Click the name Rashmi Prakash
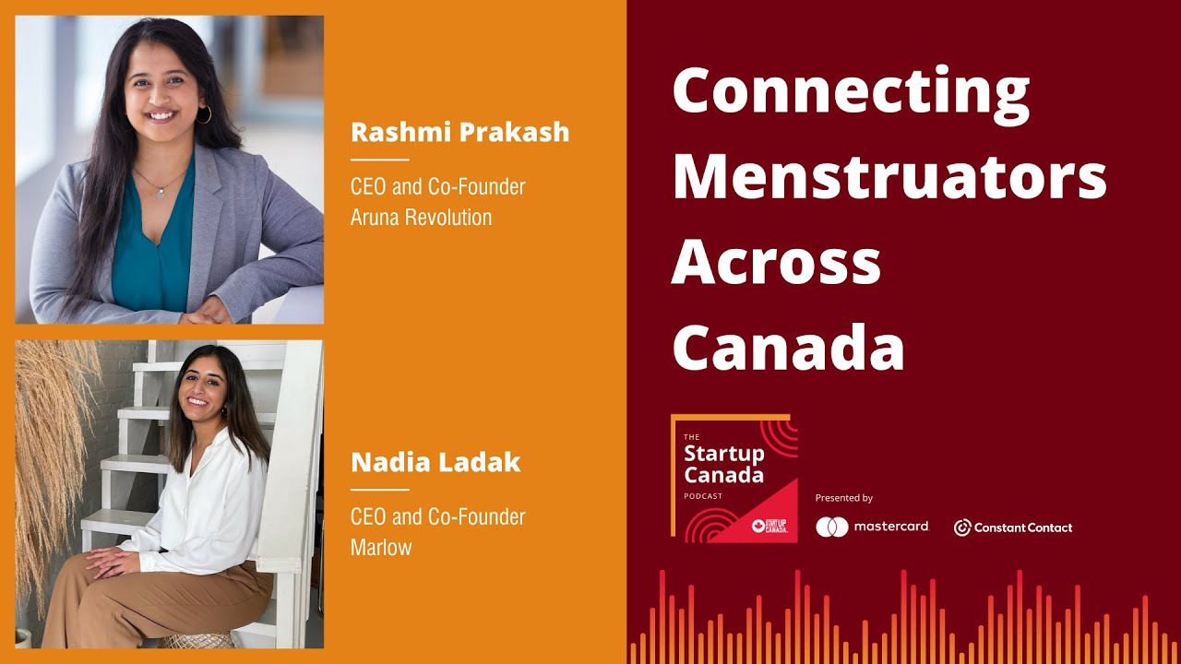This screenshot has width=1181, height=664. click(x=459, y=133)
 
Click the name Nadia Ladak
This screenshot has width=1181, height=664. click(x=435, y=462)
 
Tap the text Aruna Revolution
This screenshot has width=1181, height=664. click(x=421, y=218)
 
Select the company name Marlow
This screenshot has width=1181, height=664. click(x=380, y=547)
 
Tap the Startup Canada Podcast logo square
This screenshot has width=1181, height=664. click(x=734, y=478)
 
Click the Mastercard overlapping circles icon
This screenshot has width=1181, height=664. click(x=831, y=527)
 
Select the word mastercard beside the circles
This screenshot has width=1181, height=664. click(x=890, y=527)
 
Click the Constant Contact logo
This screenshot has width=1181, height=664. click(x=1013, y=528)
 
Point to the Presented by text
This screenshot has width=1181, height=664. click(x=843, y=498)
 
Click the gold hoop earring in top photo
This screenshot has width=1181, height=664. click(x=204, y=114)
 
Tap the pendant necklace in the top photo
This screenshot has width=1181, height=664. click(x=160, y=192)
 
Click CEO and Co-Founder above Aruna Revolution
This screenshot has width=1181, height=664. click(x=437, y=187)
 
